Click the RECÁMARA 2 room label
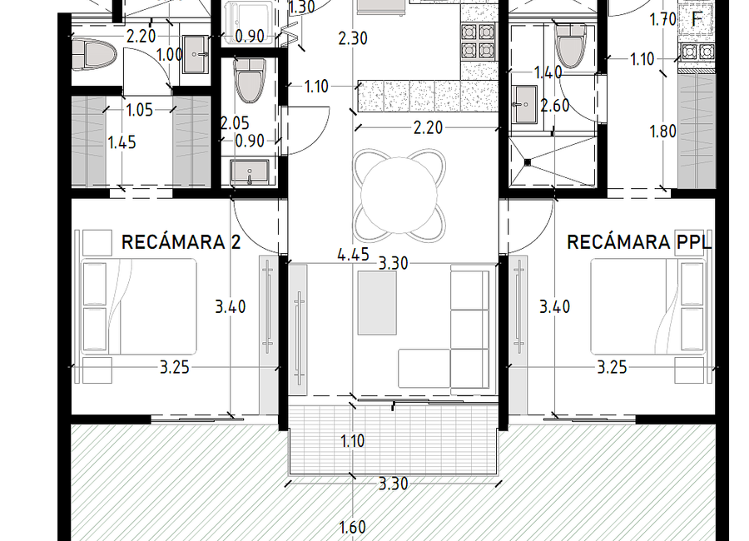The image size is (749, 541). [x=181, y=242]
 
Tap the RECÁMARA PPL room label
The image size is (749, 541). [x=639, y=242]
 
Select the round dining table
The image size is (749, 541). [x=399, y=195]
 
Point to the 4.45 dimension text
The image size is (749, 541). [x=353, y=255]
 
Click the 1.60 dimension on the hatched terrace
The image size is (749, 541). [x=353, y=528]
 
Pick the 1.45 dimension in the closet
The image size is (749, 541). [x=122, y=142]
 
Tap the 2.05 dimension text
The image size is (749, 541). [x=235, y=123]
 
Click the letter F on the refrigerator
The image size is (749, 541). [x=697, y=19]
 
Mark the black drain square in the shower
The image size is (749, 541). [x=528, y=162]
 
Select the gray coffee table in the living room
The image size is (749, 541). [x=377, y=303]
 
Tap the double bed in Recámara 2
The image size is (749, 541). [x=138, y=307]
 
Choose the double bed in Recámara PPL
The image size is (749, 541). [x=648, y=307]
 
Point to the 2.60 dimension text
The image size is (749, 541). [x=554, y=106]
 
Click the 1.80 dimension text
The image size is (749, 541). [x=663, y=131]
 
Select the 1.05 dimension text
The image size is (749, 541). [x=140, y=111]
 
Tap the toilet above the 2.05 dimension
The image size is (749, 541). [x=250, y=80]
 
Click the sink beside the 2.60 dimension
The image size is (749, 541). [x=524, y=104]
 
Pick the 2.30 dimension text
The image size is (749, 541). [x=353, y=38]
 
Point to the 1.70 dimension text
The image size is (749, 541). [x=663, y=20]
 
